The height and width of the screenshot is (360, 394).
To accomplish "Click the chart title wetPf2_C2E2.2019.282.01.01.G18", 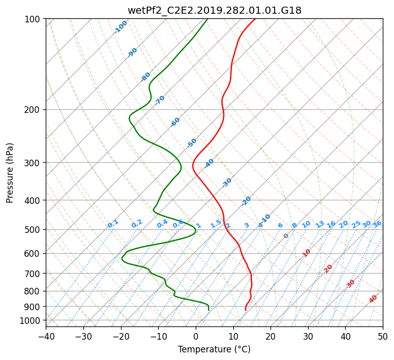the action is (x=215, y=11).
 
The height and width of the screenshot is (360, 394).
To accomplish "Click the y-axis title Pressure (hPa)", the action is (x=10, y=173).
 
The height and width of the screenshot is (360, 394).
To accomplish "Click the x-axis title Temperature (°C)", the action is (x=215, y=349).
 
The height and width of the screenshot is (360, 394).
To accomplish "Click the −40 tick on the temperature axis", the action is (x=46, y=336).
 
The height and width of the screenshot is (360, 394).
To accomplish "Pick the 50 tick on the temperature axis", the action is (x=383, y=336).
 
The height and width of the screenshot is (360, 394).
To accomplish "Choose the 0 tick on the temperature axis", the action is (x=196, y=336).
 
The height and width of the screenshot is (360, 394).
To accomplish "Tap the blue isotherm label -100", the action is (x=120, y=27).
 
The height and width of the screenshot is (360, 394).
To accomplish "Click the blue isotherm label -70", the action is (x=160, y=100).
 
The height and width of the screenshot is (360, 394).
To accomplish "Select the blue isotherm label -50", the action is (x=192, y=143).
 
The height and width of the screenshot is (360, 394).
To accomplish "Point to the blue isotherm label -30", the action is (x=227, y=183).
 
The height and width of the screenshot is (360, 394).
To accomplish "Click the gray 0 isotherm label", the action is (x=286, y=236).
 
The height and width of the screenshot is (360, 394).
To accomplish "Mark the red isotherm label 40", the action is (x=373, y=299).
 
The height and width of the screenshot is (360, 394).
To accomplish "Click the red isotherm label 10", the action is (x=307, y=253).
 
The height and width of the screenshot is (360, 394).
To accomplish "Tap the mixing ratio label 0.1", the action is (x=113, y=223).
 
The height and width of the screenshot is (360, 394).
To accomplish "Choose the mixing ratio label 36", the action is (x=377, y=224).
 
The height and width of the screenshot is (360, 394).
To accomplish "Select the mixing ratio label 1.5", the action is (x=216, y=224).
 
